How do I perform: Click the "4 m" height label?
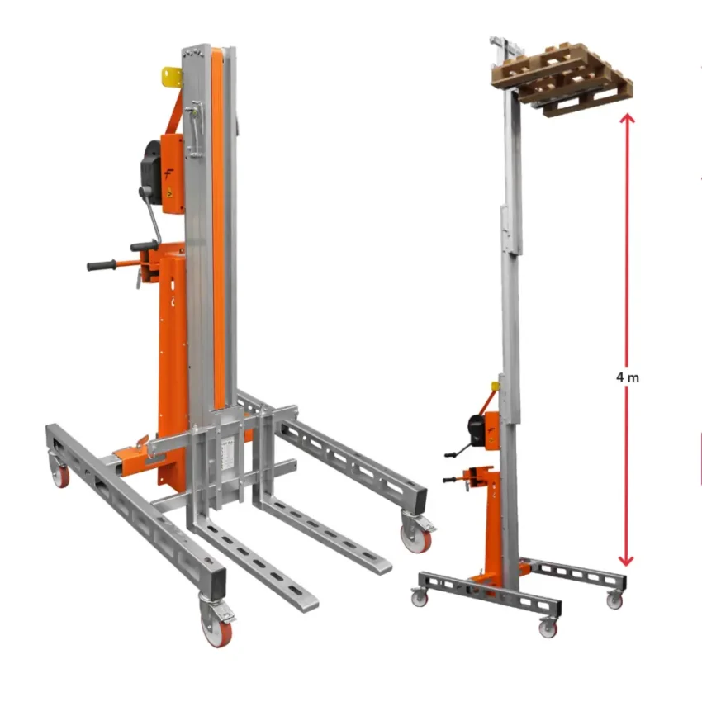point(628,377)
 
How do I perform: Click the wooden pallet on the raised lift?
point(562,77)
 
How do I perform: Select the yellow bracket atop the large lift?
point(172,78)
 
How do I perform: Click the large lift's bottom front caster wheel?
point(216,628)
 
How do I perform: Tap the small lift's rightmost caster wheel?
point(614,600)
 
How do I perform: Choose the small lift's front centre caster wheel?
point(548,628)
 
